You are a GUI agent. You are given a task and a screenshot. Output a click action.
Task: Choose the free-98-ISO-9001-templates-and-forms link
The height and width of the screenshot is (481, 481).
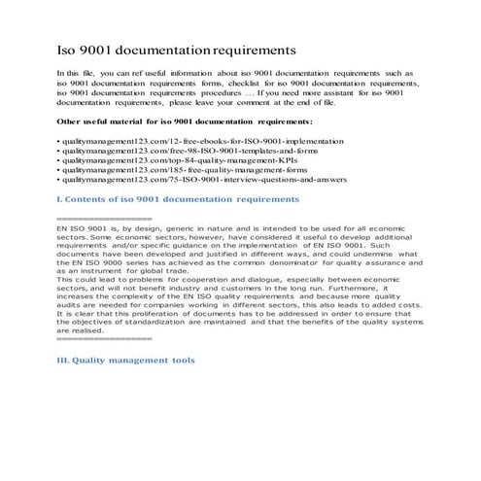click(x=180, y=152)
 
